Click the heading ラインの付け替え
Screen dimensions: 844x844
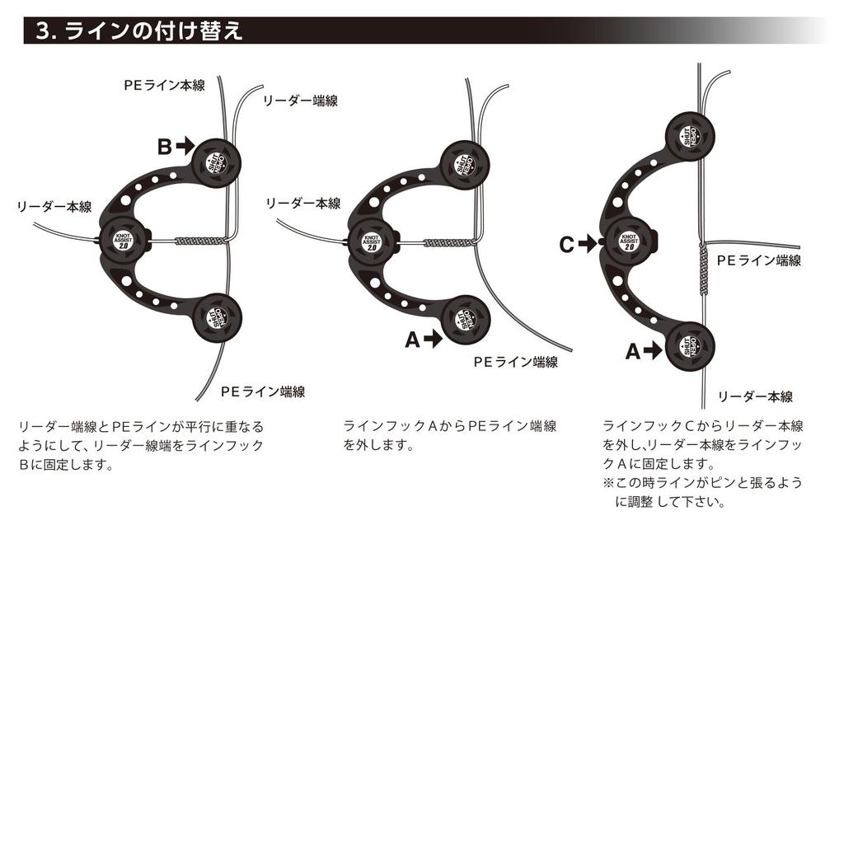[x=152, y=31]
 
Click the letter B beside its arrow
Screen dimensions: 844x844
[x=165, y=147]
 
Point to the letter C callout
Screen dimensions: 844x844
[x=566, y=244]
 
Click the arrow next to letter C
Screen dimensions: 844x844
[x=586, y=244]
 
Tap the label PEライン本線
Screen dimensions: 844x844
[x=165, y=85]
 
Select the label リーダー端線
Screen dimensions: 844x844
[x=300, y=101]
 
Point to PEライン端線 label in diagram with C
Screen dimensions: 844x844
[x=758, y=260]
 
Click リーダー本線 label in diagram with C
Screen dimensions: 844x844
[x=755, y=397]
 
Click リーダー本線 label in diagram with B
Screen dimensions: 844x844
[x=54, y=206]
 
